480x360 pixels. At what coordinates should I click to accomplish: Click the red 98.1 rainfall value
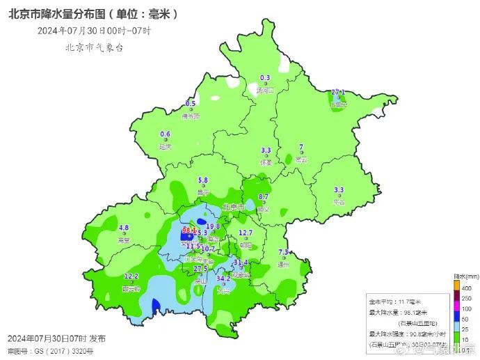[x=189, y=230]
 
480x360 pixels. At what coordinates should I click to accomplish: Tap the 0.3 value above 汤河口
[x=264, y=78]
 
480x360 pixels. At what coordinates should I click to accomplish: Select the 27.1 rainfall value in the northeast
[x=338, y=92]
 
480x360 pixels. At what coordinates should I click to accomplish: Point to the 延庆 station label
[x=165, y=147]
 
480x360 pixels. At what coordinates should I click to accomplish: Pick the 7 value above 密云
[x=301, y=147]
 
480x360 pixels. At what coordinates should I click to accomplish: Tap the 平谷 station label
[x=339, y=203]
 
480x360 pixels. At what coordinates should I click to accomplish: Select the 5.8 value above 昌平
[x=203, y=180]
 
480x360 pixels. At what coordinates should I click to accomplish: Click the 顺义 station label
[x=263, y=210]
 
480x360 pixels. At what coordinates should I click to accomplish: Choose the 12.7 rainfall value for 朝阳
[x=246, y=233]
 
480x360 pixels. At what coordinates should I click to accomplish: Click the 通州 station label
[x=283, y=265]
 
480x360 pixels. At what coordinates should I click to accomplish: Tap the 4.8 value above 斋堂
[x=125, y=228]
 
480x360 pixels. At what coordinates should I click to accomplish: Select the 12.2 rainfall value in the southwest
[x=131, y=276]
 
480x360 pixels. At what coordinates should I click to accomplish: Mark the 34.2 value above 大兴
[x=223, y=279]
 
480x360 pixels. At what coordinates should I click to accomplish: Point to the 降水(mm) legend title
[x=464, y=276]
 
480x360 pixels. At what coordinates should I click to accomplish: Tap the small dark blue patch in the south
[x=156, y=305]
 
